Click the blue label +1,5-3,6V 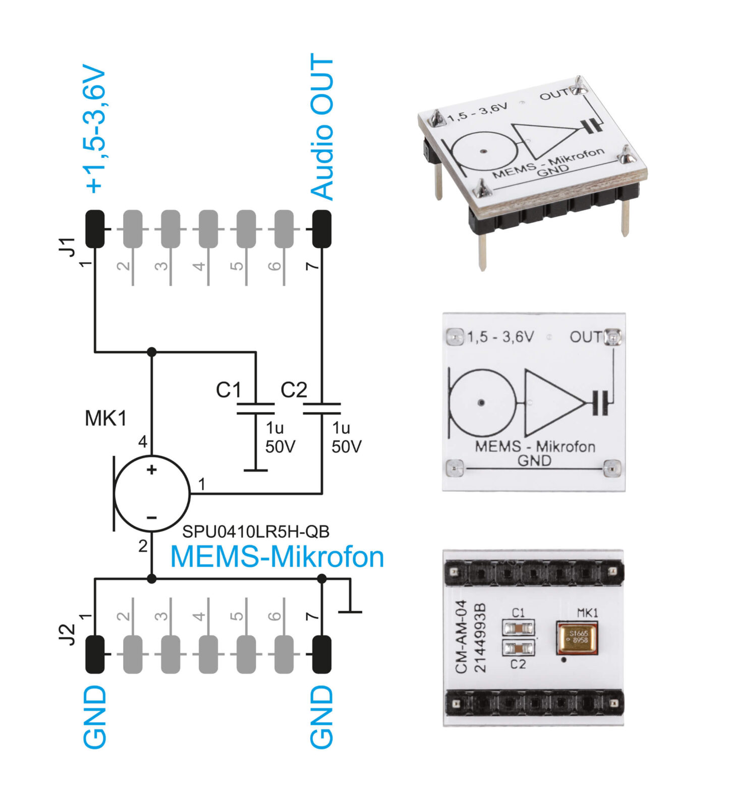pyautogui.click(x=96, y=129)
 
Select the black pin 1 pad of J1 pyautogui.click(x=95, y=228)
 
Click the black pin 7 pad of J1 pyautogui.click(x=322, y=228)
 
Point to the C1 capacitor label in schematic pyautogui.click(x=229, y=390)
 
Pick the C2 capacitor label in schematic pyautogui.click(x=294, y=390)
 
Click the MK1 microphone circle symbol pyautogui.click(x=152, y=494)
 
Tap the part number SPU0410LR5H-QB pyautogui.click(x=256, y=532)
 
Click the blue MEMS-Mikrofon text pyautogui.click(x=277, y=557)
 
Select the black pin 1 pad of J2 pyautogui.click(x=95, y=654)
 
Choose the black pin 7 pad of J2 pyautogui.click(x=322, y=654)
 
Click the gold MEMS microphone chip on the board pyautogui.click(x=577, y=637)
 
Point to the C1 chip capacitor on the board pyautogui.click(x=518, y=628)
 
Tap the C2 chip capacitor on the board pyautogui.click(x=518, y=647)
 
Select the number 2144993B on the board pyautogui.click(x=480, y=638)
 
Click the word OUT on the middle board pyautogui.click(x=586, y=336)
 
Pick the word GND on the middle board pyautogui.click(x=534, y=460)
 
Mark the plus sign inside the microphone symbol pyautogui.click(x=151, y=470)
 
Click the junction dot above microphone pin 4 pyautogui.click(x=151, y=352)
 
